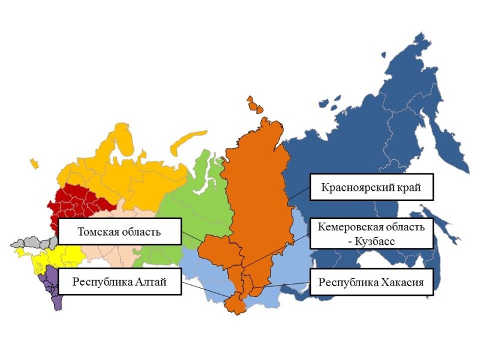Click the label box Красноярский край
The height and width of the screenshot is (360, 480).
(x=371, y=188)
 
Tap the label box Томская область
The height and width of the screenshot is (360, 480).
(x=119, y=232)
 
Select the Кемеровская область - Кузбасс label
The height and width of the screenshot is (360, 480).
(x=371, y=233)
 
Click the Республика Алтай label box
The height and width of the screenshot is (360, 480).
(x=119, y=281)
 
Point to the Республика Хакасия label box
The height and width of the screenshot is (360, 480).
(x=371, y=282)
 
